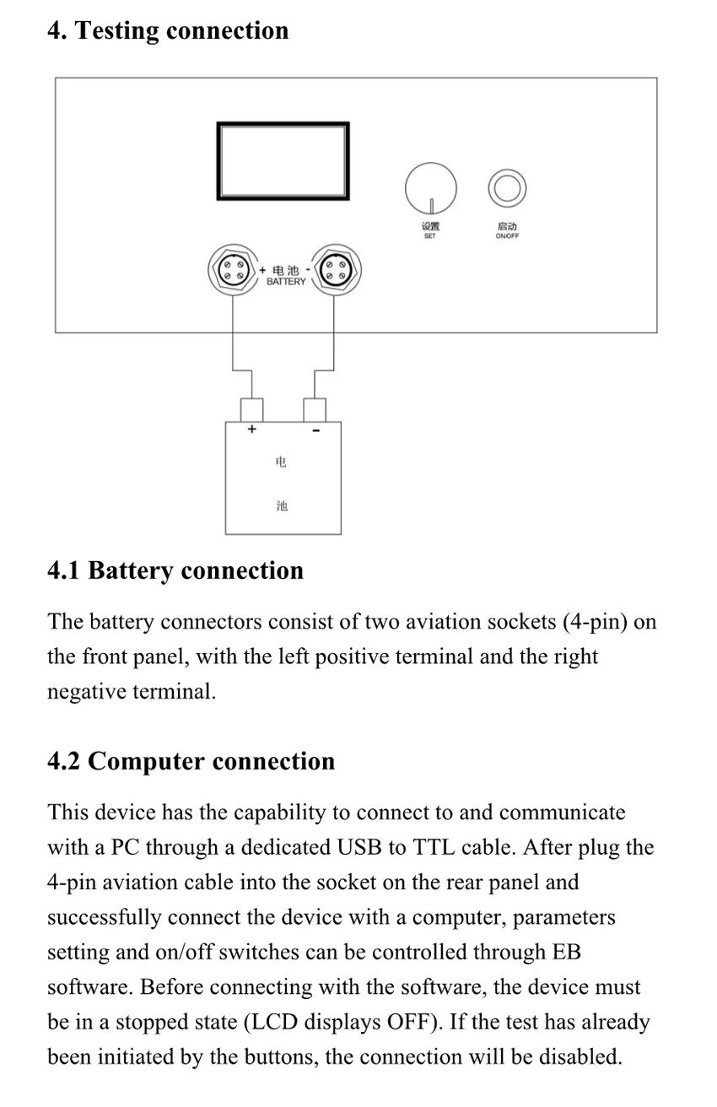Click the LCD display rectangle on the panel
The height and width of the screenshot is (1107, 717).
pos(283,161)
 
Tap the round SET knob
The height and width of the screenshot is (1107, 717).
pos(430,188)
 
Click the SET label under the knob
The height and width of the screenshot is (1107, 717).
pos(430,236)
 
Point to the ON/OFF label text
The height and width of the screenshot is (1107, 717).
pos(507,236)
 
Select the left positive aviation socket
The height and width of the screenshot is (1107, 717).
pos(232,270)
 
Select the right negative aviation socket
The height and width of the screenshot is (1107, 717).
pos(335,270)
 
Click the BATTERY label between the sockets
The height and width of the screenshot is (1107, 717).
pos(286,282)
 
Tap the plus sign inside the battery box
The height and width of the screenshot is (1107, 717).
pos(251,429)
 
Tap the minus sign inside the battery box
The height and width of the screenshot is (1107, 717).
pos(315,430)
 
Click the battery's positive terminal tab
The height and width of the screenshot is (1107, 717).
pos(251,409)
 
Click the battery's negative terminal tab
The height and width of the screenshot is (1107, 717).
pos(315,409)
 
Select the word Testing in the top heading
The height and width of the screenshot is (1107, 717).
pos(117,30)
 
